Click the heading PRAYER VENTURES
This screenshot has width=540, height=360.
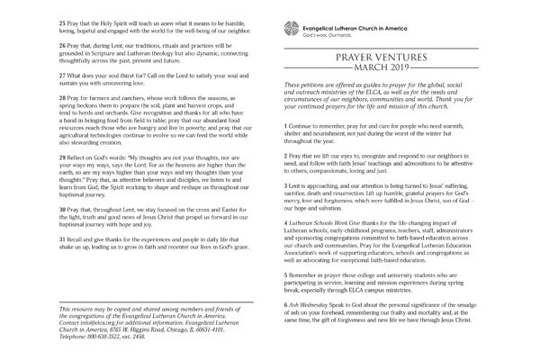tap(389, 58)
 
